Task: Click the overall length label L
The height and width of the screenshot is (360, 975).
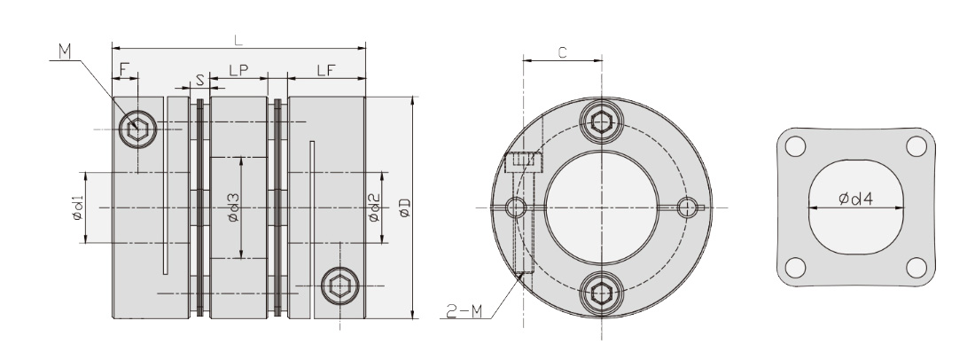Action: point(238,41)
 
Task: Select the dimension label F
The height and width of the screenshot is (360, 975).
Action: point(123,68)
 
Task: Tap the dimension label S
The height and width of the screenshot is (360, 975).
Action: point(199,80)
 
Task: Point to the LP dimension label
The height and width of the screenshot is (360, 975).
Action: point(238,70)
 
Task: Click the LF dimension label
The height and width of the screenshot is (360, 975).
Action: point(326,70)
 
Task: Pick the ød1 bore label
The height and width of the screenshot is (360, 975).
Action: point(77,207)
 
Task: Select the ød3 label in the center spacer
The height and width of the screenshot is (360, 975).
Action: point(233,207)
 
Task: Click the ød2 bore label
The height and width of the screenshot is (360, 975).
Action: point(374,207)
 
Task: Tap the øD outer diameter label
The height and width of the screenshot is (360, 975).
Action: point(405,207)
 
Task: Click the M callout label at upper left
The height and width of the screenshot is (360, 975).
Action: point(66,51)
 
